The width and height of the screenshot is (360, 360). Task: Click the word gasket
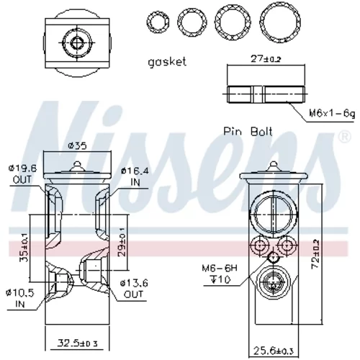[167, 62]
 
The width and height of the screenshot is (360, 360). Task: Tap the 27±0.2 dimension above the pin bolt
[266, 59]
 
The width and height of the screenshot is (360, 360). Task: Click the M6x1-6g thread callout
[332, 113]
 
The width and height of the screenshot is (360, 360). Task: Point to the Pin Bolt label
[248, 132]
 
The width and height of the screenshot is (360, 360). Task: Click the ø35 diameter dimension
[77, 145]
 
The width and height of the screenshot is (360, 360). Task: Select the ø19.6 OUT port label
[22, 174]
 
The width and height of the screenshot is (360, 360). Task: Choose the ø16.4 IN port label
[135, 176]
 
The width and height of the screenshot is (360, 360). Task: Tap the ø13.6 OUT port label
[134, 289]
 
